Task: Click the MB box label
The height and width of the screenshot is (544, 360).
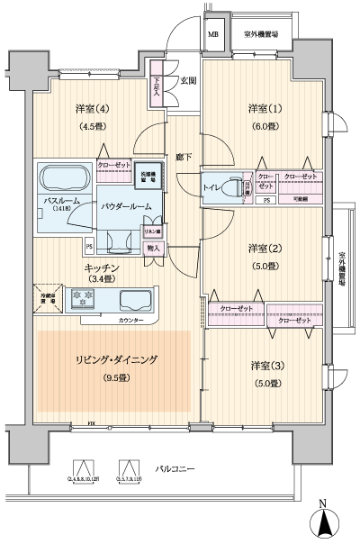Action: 213,35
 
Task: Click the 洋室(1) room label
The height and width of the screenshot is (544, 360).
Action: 264,109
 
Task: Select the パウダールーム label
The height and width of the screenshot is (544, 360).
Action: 132,205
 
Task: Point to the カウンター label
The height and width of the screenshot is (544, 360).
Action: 130,319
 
